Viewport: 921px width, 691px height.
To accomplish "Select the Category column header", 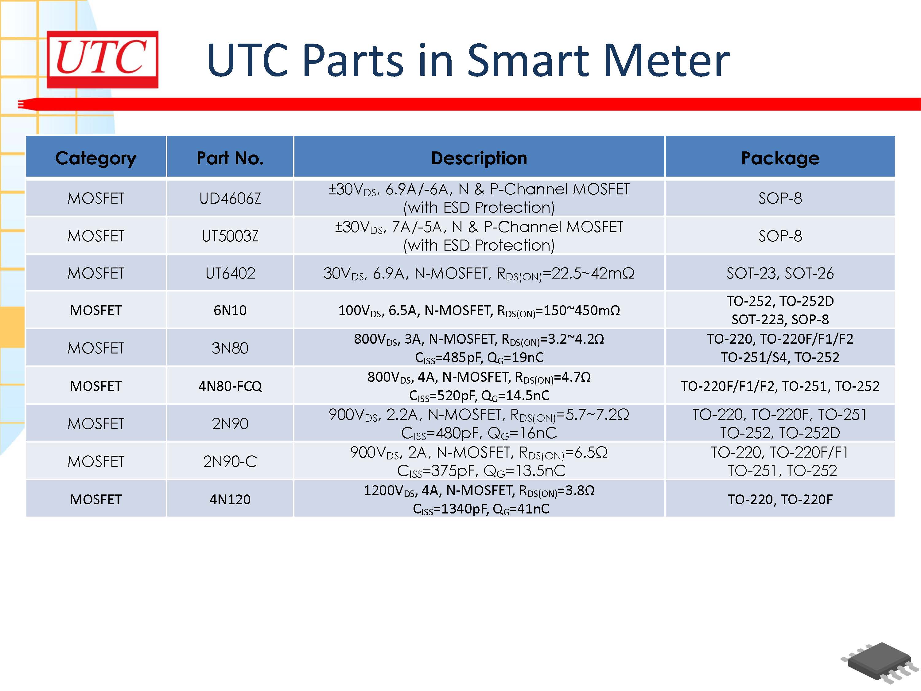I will click(x=96, y=158).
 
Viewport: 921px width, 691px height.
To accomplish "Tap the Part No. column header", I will click(x=230, y=158).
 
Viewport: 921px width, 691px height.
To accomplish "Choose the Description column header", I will click(x=479, y=158).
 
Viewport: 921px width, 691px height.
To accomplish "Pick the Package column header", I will click(x=780, y=158).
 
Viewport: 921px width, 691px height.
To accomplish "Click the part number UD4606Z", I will click(x=230, y=198).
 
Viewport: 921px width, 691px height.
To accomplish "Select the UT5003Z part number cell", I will click(x=230, y=236).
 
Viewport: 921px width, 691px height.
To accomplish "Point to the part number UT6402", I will click(x=230, y=273).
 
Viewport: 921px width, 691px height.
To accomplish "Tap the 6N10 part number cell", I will click(x=230, y=310).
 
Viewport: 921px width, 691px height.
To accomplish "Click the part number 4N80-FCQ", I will click(x=230, y=386).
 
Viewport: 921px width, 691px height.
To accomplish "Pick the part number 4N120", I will click(x=230, y=499).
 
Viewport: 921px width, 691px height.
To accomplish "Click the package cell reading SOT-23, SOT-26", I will click(x=780, y=273).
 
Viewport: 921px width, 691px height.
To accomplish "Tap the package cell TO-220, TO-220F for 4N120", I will click(x=780, y=499).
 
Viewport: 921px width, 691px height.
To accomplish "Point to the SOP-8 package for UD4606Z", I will click(x=780, y=198).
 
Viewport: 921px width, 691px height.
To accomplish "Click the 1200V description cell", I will click(x=479, y=499).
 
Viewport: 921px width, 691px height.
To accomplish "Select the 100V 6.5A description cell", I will click(x=479, y=310).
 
